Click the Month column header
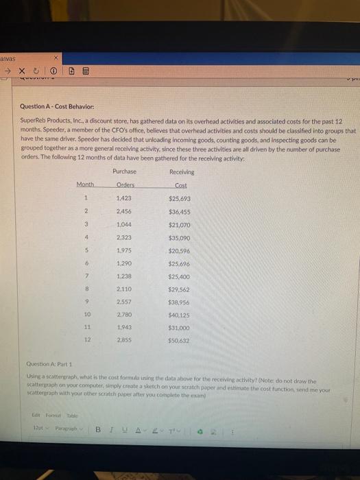86,184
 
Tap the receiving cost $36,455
180,213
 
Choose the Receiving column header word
181,171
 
